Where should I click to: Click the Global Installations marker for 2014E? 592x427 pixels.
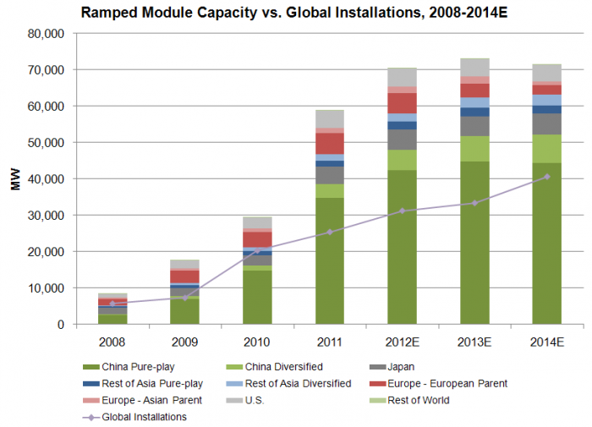coord(547,177)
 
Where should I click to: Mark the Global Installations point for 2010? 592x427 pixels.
coord(256,251)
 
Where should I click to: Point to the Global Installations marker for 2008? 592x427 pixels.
coord(112,303)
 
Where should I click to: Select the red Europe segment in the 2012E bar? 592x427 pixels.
coord(402,102)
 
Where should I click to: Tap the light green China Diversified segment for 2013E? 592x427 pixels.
coord(474,148)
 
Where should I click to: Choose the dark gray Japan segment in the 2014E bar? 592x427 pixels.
coord(547,123)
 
